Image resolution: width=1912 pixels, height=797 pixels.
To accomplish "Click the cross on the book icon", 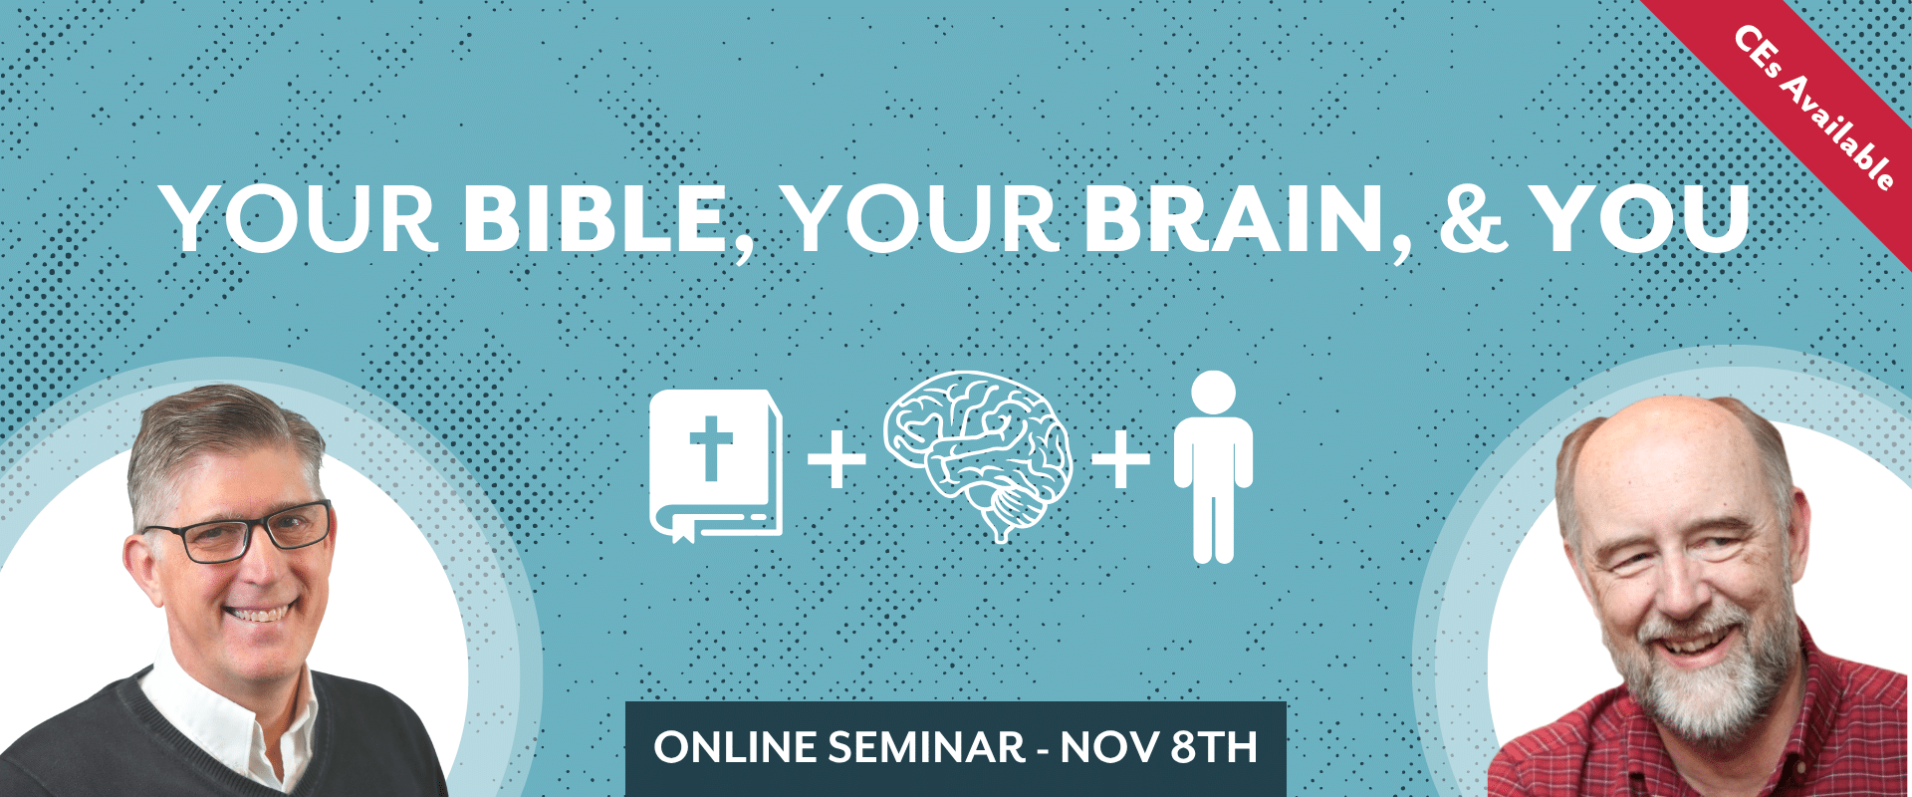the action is tap(711, 447).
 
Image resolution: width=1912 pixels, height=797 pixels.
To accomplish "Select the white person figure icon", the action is tap(1213, 466).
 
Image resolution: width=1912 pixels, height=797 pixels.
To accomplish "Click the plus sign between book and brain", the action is tap(836, 459).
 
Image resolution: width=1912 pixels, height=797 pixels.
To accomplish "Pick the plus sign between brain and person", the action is tap(1121, 459).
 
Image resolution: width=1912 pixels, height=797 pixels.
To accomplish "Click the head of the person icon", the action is tap(1213, 392).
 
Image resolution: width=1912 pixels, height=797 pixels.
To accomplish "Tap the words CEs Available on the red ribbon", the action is tap(1814, 108).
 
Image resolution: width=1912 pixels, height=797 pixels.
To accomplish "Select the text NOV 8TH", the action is tap(1159, 748).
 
